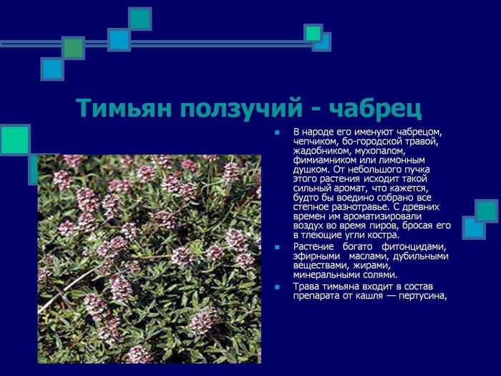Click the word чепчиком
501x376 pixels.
[315, 142]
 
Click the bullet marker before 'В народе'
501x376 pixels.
[278, 133]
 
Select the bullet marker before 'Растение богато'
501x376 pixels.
[278, 248]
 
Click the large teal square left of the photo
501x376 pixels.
[14, 140]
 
